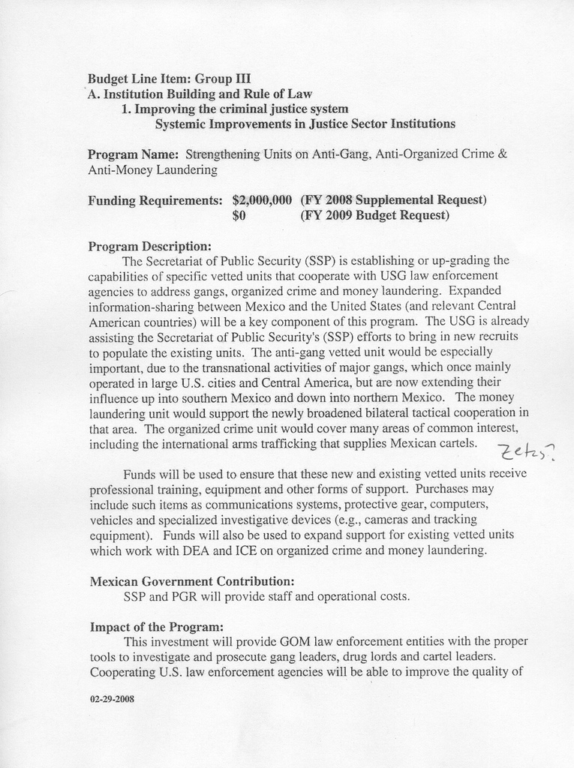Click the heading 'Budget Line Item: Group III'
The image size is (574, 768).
point(169,78)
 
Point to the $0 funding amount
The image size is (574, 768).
point(240,216)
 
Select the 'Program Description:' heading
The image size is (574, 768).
point(149,246)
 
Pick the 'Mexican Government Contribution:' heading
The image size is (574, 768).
point(191,581)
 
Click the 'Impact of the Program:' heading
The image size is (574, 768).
point(156,626)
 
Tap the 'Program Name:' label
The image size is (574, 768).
point(133,154)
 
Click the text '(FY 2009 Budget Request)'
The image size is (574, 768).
point(374,216)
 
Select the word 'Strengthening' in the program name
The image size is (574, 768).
point(222,154)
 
